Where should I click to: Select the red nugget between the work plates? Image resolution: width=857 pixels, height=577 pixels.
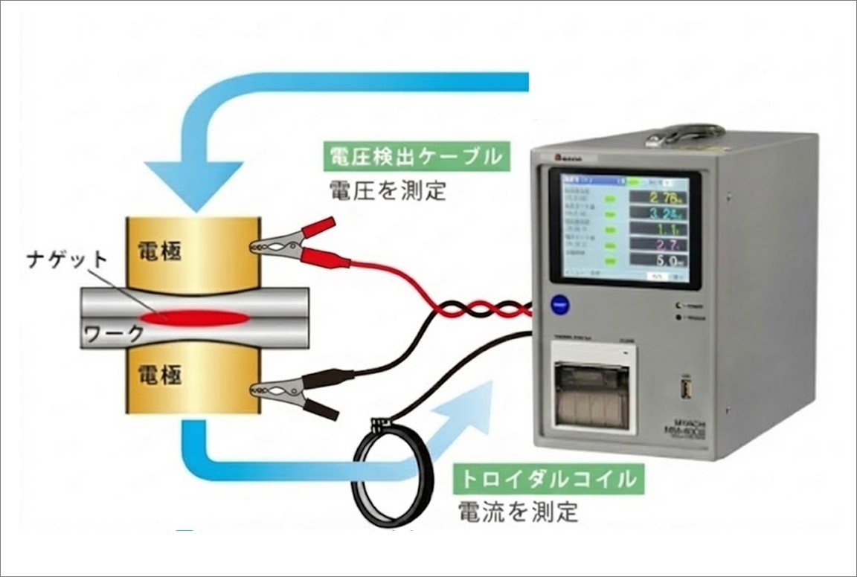point(195,318)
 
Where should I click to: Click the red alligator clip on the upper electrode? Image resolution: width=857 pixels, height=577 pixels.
point(294,241)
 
